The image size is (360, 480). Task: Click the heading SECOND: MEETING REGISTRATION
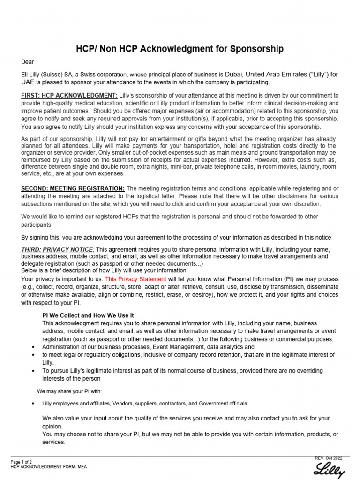pyautogui.click(x=73, y=188)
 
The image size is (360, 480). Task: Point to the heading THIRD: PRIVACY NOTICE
pyautogui.click(x=58, y=249)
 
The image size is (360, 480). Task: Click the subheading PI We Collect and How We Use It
pyautogui.click(x=88, y=315)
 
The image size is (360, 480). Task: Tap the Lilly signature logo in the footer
pyautogui.click(x=330, y=469)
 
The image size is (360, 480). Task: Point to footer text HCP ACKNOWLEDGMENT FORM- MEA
pyautogui.click(x=48, y=467)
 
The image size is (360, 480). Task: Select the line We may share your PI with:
pyautogui.click(x=69, y=391)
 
